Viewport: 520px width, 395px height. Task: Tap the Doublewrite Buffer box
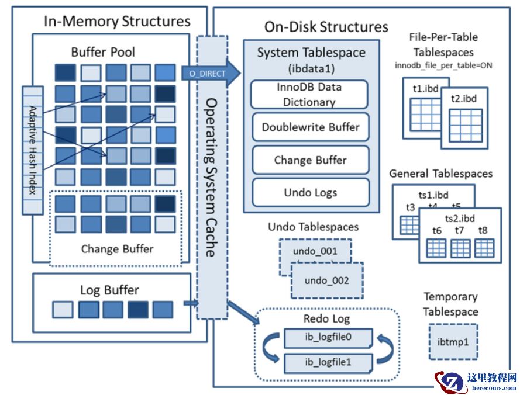tap(310, 127)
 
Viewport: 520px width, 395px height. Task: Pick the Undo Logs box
tap(310, 192)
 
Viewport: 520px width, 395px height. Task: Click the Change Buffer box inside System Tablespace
tap(310, 160)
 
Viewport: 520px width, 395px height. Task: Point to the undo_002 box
tap(326, 280)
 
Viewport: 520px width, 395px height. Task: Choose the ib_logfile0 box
tap(328, 337)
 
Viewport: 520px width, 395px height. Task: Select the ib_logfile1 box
tap(328, 362)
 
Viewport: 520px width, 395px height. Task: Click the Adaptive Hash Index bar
tap(33, 151)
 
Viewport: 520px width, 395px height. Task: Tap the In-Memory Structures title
tap(117, 22)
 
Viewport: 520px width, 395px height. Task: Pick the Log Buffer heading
tap(109, 290)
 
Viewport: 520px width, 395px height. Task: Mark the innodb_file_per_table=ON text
tap(443, 65)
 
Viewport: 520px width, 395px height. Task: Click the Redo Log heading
tap(326, 318)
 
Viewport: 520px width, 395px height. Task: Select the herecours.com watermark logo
tap(475, 381)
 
